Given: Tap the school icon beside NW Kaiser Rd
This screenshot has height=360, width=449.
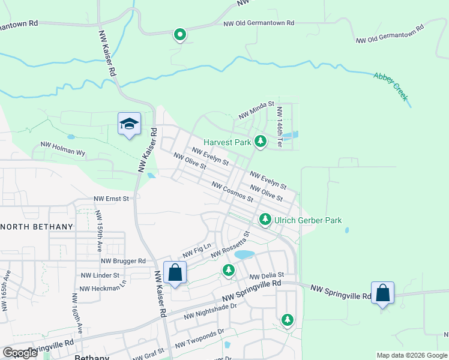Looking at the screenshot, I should (129, 124).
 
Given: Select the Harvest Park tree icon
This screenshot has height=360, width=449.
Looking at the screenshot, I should (260, 142).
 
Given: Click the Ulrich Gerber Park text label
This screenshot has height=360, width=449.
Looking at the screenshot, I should (307, 220).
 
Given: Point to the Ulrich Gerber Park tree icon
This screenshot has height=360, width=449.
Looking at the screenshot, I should (265, 220).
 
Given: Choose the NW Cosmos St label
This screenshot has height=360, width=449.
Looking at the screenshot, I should (232, 191).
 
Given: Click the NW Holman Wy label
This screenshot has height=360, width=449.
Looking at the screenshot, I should (62, 148).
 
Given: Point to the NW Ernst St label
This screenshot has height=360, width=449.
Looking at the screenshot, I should (111, 198).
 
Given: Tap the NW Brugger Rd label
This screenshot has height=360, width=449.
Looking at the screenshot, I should (123, 261).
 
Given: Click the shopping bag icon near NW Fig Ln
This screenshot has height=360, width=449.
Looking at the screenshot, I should (175, 272).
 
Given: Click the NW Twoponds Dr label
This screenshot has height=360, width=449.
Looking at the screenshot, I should (199, 338).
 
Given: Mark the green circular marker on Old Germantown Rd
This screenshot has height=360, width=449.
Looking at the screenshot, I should (179, 35).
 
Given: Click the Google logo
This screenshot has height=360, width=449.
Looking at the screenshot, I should (20, 353).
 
